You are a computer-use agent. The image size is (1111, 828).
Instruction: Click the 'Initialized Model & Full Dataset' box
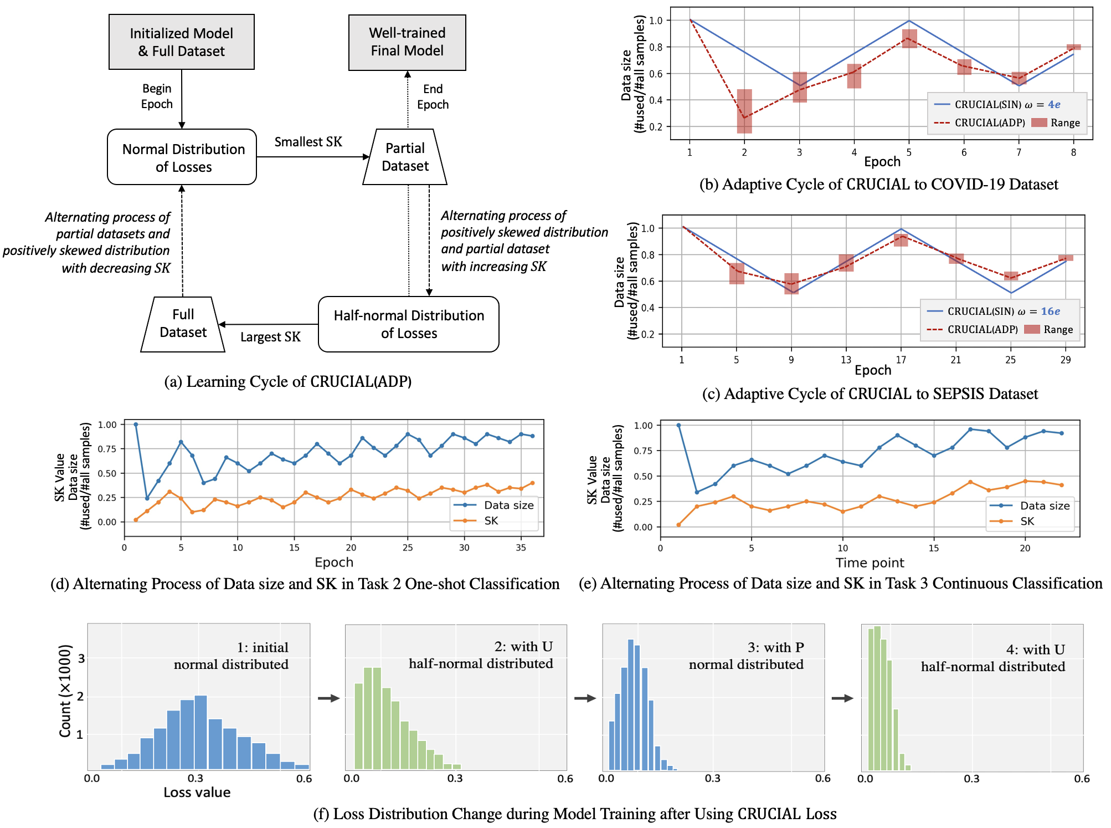click(182, 42)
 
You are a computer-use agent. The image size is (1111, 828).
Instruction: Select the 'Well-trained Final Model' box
click(407, 42)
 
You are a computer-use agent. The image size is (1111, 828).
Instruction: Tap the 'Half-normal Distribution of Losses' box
click(409, 324)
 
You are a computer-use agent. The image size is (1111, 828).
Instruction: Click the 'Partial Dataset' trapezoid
click(405, 157)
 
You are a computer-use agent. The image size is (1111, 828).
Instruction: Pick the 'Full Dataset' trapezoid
click(183, 324)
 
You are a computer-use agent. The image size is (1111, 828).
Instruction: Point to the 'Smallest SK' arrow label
click(308, 142)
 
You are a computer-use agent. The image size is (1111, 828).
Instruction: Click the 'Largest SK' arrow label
click(270, 337)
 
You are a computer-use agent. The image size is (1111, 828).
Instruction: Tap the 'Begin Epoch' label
click(157, 96)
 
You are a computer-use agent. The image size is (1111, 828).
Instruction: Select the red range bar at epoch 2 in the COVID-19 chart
click(744, 111)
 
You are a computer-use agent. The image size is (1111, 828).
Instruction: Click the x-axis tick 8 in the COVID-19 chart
click(1073, 152)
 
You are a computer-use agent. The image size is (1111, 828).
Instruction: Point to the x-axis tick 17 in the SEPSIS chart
click(901, 360)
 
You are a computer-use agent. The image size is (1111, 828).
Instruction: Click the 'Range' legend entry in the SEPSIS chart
click(1049, 330)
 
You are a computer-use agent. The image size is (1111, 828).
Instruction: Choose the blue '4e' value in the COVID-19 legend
click(1054, 105)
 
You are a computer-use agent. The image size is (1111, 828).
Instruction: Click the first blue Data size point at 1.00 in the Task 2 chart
click(136, 425)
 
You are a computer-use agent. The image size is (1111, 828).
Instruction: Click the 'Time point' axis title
click(870, 563)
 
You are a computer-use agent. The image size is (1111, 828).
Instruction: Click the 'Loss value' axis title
click(197, 793)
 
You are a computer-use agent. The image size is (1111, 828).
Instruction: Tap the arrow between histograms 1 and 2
click(328, 698)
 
